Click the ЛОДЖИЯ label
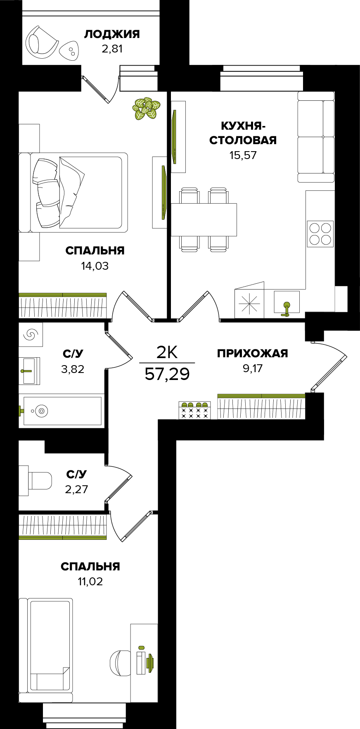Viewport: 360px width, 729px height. point(112,34)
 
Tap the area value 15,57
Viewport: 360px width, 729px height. point(243,155)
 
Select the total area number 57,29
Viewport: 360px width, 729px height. point(167,374)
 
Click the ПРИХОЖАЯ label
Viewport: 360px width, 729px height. point(252,353)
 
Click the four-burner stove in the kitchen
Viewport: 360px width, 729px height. point(320,234)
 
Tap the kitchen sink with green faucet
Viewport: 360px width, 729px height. point(287,302)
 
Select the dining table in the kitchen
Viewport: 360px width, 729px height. point(204,219)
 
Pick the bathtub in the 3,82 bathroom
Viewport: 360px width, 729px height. point(62,411)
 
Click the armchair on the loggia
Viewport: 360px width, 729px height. point(42,42)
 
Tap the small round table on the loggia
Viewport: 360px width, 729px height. point(70,52)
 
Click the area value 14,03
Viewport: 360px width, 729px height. point(95,266)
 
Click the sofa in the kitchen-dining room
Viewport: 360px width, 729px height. point(316,137)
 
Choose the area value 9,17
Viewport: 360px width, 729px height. point(253,368)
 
